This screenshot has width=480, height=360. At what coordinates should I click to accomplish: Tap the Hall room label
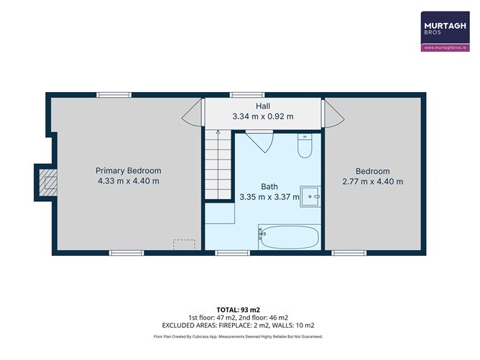click(x=262, y=106)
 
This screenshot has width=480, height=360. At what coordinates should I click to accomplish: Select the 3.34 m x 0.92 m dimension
click(x=262, y=116)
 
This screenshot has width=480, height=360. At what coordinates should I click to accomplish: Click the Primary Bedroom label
click(x=129, y=170)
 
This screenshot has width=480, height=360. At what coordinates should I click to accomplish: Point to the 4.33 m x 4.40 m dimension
click(x=129, y=181)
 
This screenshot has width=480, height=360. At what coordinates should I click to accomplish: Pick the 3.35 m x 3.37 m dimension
click(x=269, y=196)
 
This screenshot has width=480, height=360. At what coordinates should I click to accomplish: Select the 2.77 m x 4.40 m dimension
click(x=373, y=181)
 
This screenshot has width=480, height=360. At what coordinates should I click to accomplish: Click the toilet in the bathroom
click(x=304, y=147)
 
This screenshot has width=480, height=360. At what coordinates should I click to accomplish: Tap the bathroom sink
click(x=310, y=195)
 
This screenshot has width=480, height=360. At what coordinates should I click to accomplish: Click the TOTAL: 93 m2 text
click(x=239, y=309)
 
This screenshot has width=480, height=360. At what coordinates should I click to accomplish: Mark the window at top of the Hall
click(x=240, y=95)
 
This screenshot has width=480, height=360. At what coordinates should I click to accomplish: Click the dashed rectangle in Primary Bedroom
click(x=185, y=244)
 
